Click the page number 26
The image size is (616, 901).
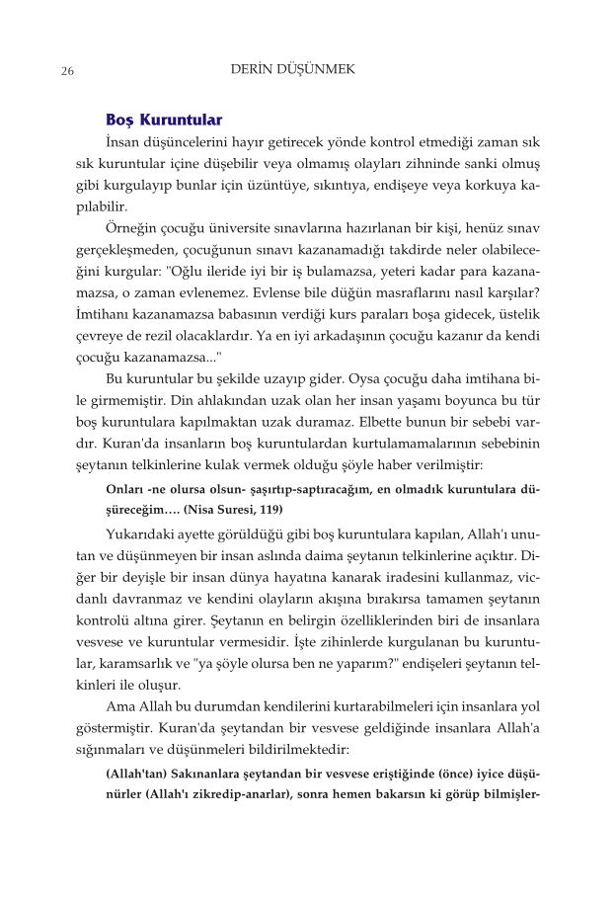click(x=68, y=71)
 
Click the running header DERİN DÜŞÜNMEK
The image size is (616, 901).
click(x=292, y=70)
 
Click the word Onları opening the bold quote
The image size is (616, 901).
click(x=125, y=489)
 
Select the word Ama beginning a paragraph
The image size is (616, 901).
click(x=120, y=706)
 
